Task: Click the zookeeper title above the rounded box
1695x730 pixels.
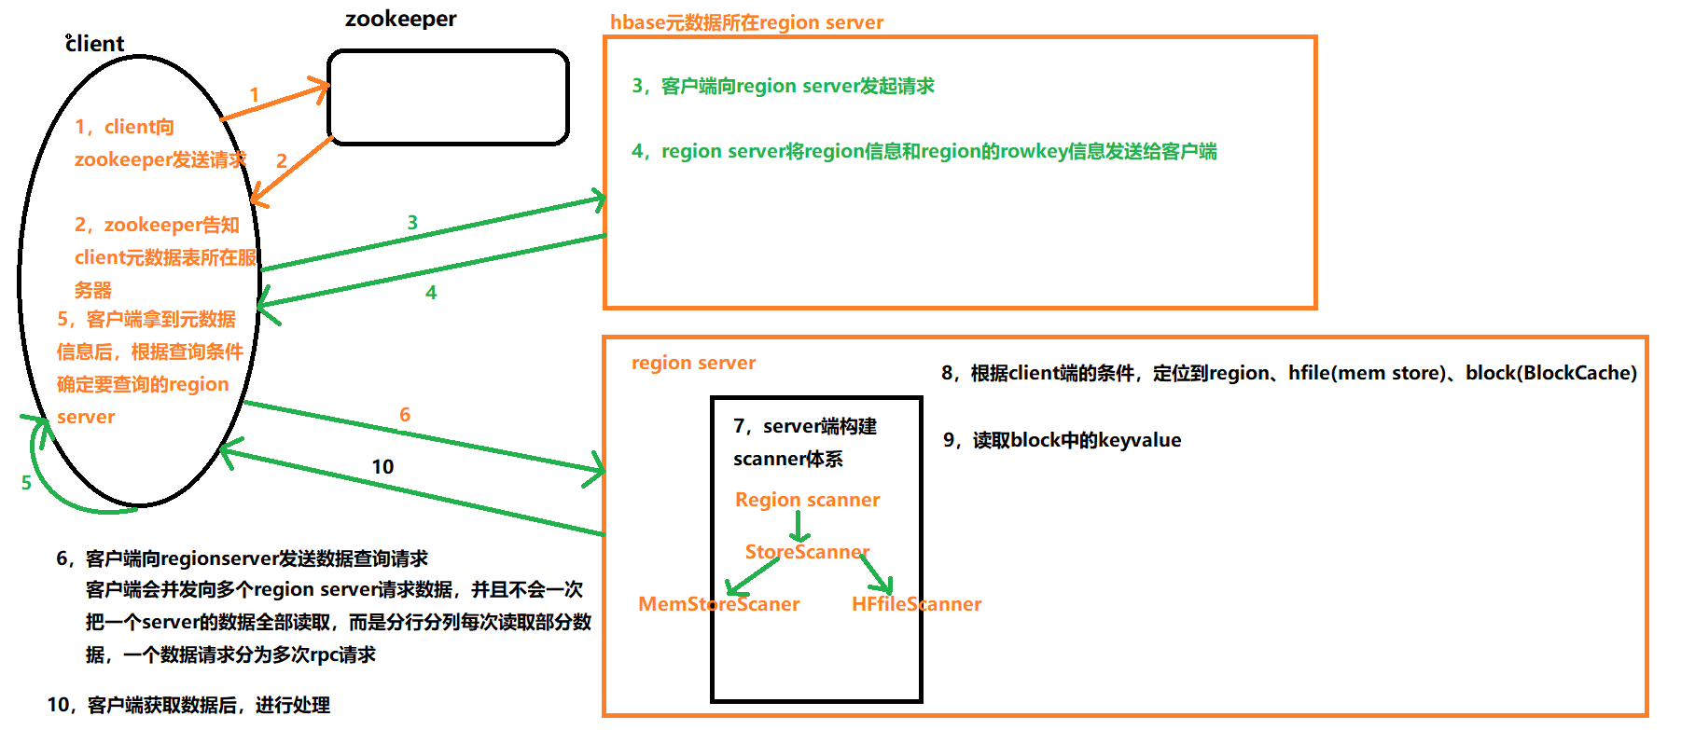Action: pyautogui.click(x=400, y=20)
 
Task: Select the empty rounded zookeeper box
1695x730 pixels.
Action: pyautogui.click(x=448, y=98)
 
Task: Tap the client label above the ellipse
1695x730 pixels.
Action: pyautogui.click(x=95, y=44)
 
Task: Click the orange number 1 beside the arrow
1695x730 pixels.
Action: pyautogui.click(x=254, y=95)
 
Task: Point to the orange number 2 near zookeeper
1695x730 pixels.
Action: pyautogui.click(x=281, y=161)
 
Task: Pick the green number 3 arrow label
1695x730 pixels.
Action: pyautogui.click(x=412, y=223)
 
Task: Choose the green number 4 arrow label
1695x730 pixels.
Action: pyautogui.click(x=431, y=293)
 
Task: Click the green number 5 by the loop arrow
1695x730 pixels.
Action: pyautogui.click(x=26, y=483)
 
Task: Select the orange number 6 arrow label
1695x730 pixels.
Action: pyautogui.click(x=405, y=415)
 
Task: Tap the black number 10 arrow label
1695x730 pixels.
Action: pyautogui.click(x=382, y=467)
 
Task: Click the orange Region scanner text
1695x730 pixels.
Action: pyautogui.click(x=807, y=500)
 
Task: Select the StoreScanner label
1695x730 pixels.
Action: pyautogui.click(x=807, y=552)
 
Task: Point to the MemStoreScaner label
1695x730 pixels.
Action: pyautogui.click(x=718, y=604)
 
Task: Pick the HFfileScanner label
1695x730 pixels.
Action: pyautogui.click(x=916, y=604)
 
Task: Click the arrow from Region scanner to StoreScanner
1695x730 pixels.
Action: pyautogui.click(x=799, y=527)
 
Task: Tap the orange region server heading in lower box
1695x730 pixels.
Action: pyautogui.click(x=693, y=363)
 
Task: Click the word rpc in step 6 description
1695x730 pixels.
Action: pyautogui.click(x=324, y=654)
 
